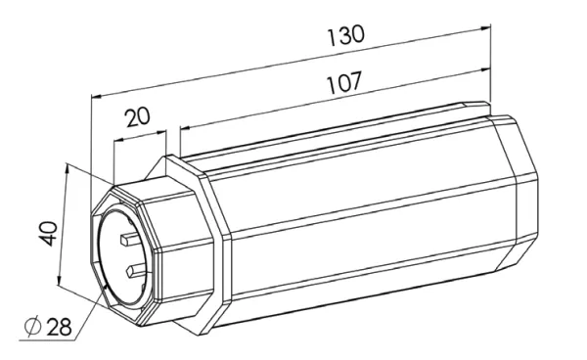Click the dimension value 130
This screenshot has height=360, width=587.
pos(345,35)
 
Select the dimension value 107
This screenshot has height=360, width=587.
pos(344,82)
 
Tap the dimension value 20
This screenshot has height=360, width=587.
pos(138,116)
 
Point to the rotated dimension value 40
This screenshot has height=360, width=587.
pos(48,234)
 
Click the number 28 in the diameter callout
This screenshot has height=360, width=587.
pos(59,327)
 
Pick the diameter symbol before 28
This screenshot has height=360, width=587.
pos(32,326)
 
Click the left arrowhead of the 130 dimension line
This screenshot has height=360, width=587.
pos(97,97)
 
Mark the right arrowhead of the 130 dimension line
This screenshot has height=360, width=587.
pos(485,27)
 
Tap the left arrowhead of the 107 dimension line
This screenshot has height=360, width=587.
pos(186,128)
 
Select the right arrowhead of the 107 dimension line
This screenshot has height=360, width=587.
pos(485,69)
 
